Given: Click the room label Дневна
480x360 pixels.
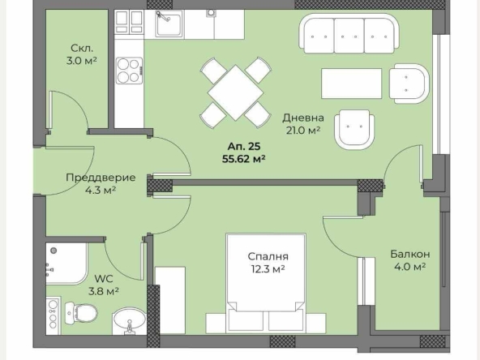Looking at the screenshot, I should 302,116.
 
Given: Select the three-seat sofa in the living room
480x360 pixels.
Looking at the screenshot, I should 353,35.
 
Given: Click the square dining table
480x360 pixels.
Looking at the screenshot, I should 234,92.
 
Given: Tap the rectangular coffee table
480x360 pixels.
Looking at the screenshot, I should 351,83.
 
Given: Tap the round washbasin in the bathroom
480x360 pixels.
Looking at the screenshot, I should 126,320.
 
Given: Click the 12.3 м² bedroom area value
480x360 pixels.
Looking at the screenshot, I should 268,269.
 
